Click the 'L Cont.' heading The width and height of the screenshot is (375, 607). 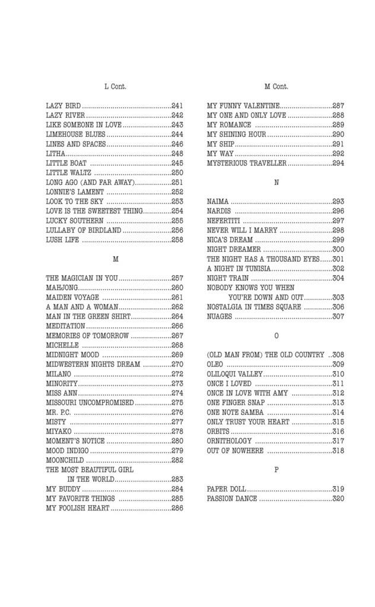[x=115, y=87]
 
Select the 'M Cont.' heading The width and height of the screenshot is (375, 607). [x=276, y=87]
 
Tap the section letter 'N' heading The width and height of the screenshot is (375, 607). [x=276, y=183]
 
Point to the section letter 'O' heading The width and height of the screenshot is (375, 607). [x=276, y=336]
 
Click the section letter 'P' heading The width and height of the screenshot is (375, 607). [x=276, y=469]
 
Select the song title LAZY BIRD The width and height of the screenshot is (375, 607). [x=63, y=106]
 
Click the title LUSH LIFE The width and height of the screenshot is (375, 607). [x=63, y=240]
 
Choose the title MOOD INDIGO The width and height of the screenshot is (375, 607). [x=67, y=451]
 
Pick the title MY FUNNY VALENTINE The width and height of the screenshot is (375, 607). [x=243, y=106]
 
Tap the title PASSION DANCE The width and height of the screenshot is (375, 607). [x=232, y=499]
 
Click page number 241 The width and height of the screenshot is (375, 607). [x=177, y=106]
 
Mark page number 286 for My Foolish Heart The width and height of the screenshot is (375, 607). [x=177, y=508]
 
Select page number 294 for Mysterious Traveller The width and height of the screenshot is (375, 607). [x=338, y=163]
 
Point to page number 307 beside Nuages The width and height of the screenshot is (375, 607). [x=338, y=317]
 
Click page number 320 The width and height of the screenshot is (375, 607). [x=338, y=499]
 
